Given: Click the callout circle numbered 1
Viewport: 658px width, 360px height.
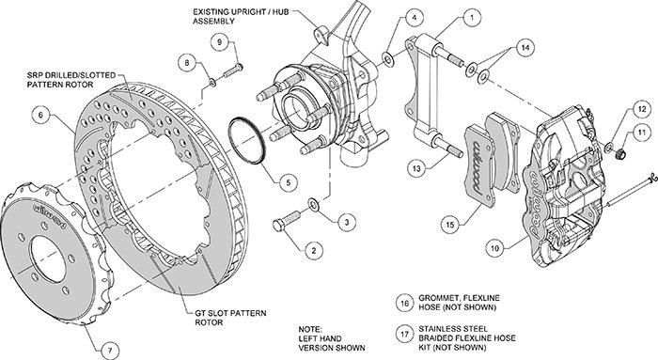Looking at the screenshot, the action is [x=472, y=18].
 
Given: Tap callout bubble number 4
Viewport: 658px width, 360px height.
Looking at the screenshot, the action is [x=415, y=18].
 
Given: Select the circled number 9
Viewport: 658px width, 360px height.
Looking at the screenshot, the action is [x=219, y=41].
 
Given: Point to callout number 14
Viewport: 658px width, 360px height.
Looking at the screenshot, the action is [x=525, y=48].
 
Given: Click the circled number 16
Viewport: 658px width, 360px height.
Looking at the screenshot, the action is [x=404, y=303].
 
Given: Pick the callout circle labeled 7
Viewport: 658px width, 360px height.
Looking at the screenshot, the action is [x=110, y=349].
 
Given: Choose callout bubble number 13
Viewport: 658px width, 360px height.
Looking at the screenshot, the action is [x=416, y=168].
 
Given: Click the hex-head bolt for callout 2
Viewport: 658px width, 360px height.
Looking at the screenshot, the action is [x=287, y=221].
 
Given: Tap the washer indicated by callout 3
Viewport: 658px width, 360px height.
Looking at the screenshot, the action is [x=313, y=204].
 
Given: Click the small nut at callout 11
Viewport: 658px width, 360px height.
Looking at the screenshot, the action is [x=620, y=154].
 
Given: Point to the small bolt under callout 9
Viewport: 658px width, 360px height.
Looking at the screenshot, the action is [x=233, y=70].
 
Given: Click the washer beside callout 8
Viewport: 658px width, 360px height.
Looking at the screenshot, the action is [x=212, y=83].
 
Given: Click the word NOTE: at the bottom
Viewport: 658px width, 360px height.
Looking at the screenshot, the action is [x=310, y=329].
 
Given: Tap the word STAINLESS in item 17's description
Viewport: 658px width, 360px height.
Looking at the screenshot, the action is [x=439, y=329].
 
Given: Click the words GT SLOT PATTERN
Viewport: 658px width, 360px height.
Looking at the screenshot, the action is [x=230, y=313].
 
